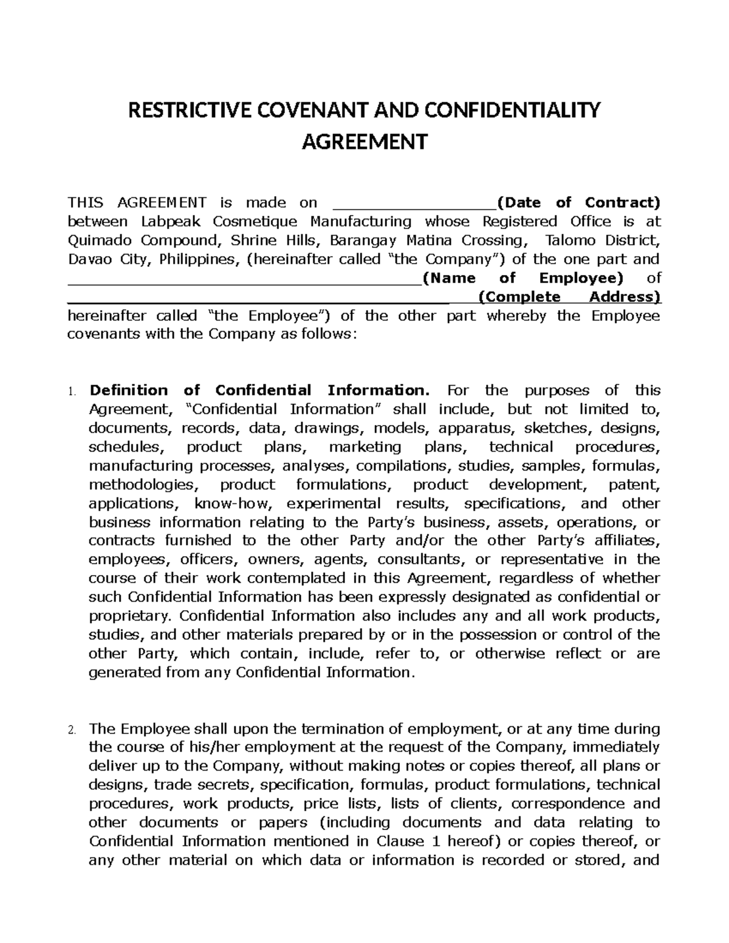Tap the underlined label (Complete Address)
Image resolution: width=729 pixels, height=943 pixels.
pos(569,297)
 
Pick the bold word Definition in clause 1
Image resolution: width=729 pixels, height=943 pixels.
pos(128,390)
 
